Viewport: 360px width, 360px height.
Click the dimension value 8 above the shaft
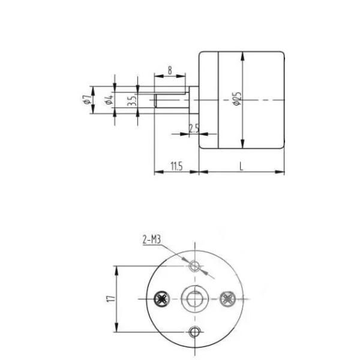point(170,70)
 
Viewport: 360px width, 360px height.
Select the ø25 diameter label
point(238,100)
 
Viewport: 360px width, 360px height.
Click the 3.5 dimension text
point(132,100)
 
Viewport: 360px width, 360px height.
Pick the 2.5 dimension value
point(194,128)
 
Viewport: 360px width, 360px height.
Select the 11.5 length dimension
point(176,166)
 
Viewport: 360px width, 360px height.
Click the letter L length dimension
point(241,166)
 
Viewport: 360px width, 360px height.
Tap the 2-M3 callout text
point(151,240)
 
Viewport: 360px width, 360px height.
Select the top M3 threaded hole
point(194,265)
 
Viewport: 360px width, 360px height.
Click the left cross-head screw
point(161,298)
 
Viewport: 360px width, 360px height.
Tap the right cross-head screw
point(227,298)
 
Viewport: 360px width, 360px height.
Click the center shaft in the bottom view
point(194,298)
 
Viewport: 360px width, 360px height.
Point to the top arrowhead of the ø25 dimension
point(242,55)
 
